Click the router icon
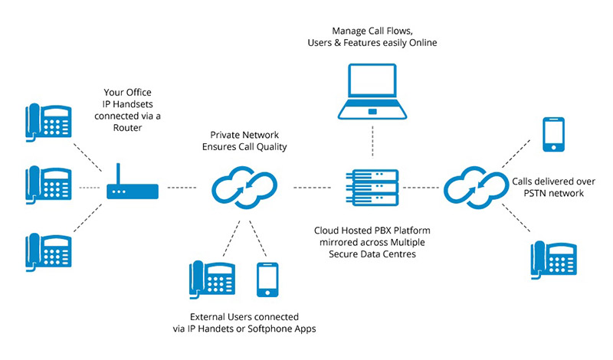pos(132,186)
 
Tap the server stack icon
pos(372,188)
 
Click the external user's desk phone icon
pos(211,281)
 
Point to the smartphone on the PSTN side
pos(553,136)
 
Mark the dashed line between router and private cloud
pos(183,187)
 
